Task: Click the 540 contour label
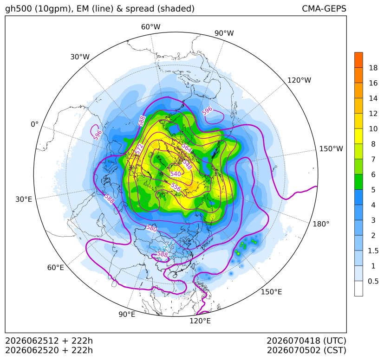pos(176,174)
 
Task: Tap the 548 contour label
pos(187,165)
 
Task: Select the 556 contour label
pos(176,187)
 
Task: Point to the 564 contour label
pos(187,148)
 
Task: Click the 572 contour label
pos(139,148)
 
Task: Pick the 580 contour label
pos(151,228)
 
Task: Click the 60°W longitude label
pos(150,27)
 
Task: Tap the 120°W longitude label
pos(299,80)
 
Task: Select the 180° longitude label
pos(321,224)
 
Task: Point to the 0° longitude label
pos(35,124)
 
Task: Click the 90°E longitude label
pos(127,315)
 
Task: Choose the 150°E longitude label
pos(271,292)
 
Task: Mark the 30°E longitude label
pos(24,199)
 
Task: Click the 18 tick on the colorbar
pos(373,68)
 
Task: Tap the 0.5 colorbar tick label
pos(373,281)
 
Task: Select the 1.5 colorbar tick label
pos(373,251)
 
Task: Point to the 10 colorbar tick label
pos(373,129)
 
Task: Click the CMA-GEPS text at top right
pos(324,8)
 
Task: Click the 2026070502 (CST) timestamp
pos(306,350)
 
